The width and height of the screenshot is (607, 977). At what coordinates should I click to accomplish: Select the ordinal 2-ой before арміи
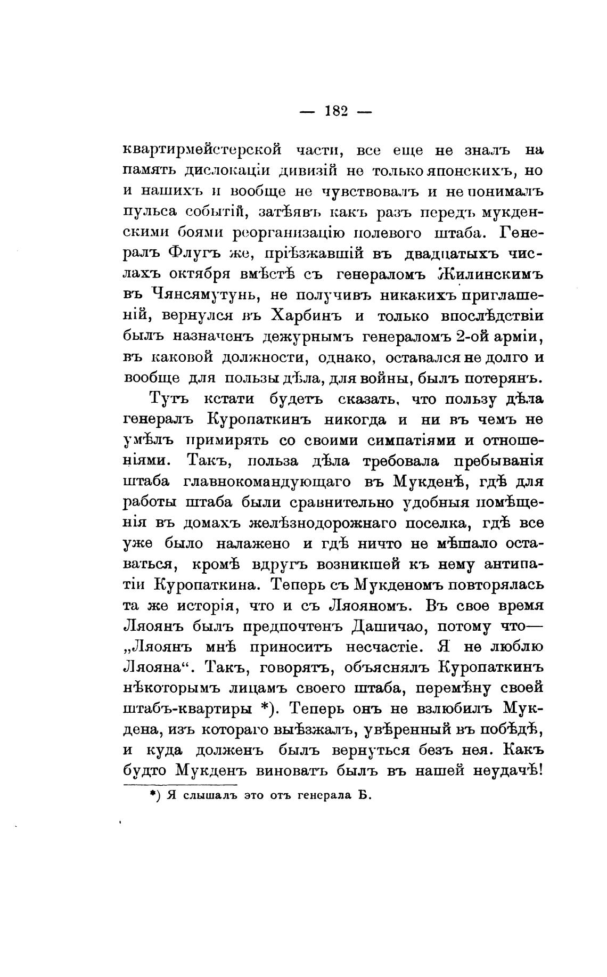[470, 336]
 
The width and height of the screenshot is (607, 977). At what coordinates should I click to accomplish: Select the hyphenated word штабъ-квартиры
[188, 709]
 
